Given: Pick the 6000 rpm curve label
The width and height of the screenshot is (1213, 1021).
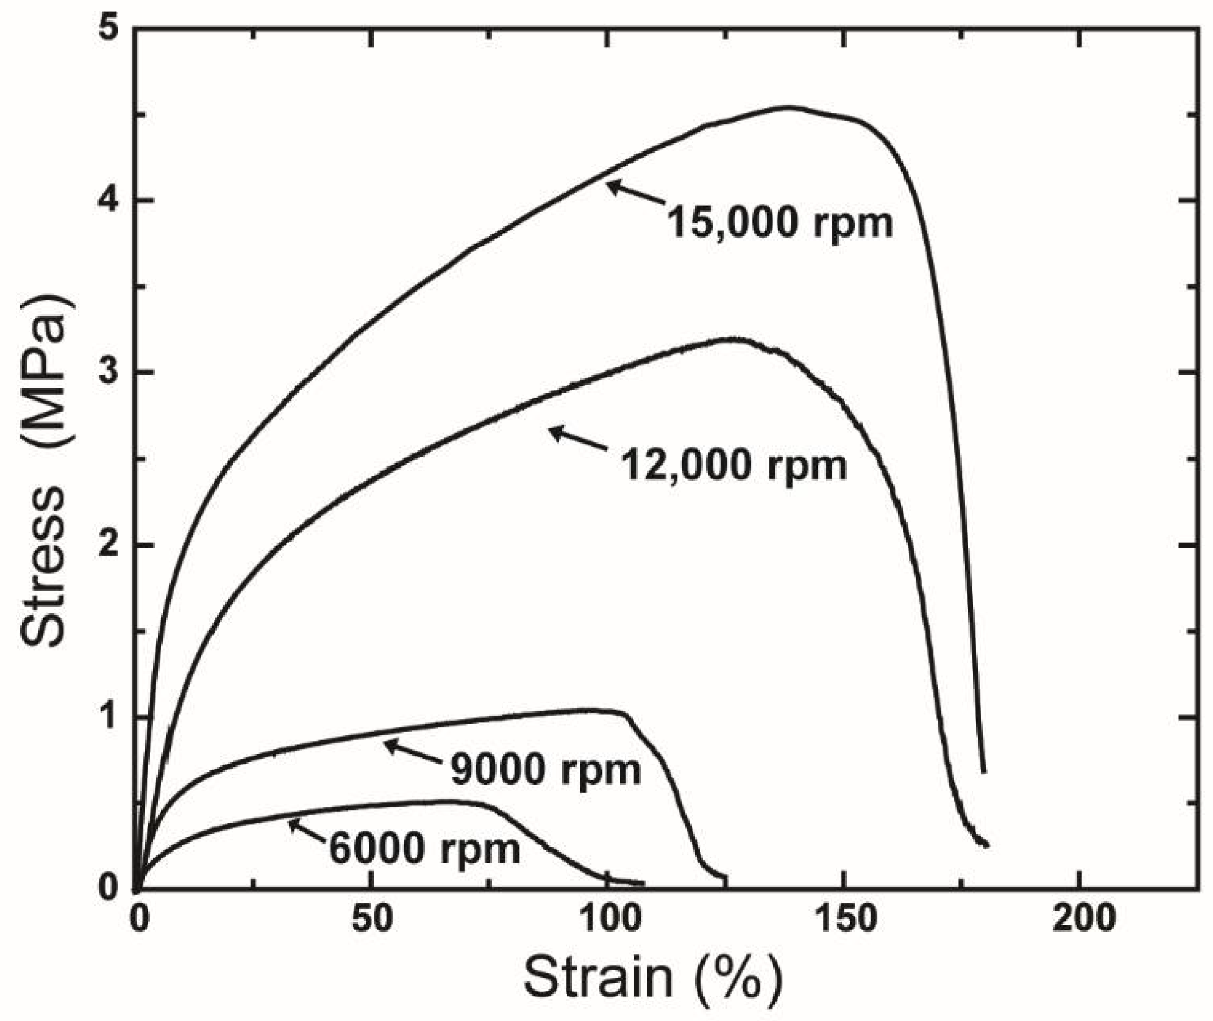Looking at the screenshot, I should [425, 849].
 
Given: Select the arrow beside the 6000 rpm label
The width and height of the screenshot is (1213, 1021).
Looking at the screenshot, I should [307, 830].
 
